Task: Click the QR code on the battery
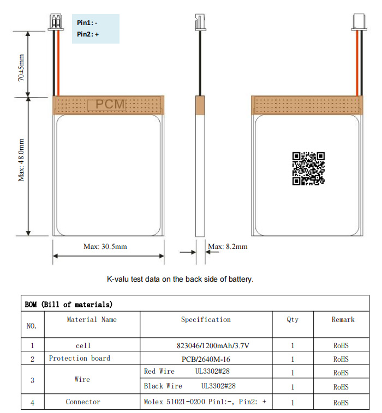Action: [x=308, y=168]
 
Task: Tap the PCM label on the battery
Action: [x=110, y=104]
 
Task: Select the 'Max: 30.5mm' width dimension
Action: [x=105, y=247]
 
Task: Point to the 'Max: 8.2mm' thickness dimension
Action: [x=228, y=247]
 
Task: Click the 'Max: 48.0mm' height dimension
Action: [x=22, y=160]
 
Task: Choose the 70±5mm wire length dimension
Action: [x=21, y=67]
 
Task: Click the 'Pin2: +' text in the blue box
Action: [x=88, y=34]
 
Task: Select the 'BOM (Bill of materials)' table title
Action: [x=69, y=304]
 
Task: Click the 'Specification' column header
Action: [x=206, y=320]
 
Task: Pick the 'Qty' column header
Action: [x=293, y=320]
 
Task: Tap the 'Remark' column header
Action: [x=343, y=320]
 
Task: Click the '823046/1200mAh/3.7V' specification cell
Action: [x=206, y=345]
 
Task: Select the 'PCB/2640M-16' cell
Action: [x=206, y=359]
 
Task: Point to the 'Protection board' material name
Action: [x=79, y=359]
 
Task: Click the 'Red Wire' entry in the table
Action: [x=159, y=372]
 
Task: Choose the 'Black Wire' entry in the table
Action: [x=163, y=386]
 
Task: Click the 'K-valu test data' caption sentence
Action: [x=180, y=279]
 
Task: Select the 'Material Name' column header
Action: [x=91, y=320]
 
